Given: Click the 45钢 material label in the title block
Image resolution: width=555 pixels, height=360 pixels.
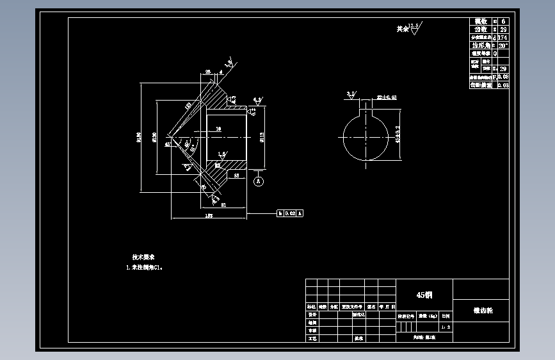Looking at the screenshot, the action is tap(424, 295).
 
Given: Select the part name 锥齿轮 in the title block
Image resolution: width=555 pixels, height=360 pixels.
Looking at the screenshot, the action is tap(481, 310).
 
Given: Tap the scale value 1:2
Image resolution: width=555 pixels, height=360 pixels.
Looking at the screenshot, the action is tap(446, 327).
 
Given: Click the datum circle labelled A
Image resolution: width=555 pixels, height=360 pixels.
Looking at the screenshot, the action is tap(259, 181).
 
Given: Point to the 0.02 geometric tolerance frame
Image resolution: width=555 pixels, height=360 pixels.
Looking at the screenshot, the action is tap(290, 213).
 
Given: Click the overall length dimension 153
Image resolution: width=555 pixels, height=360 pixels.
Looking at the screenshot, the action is tap(209, 217).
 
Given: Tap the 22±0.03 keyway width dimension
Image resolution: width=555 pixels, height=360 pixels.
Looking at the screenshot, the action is tap(387, 97).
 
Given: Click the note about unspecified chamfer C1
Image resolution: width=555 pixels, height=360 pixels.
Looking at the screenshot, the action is tap(145, 268).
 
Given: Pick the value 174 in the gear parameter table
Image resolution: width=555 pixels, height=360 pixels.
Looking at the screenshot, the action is tap(503, 38).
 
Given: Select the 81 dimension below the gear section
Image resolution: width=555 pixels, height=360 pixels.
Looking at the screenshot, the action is tap(223, 205).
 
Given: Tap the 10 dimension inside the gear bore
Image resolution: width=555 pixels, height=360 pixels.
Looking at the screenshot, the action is tap(218, 129).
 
